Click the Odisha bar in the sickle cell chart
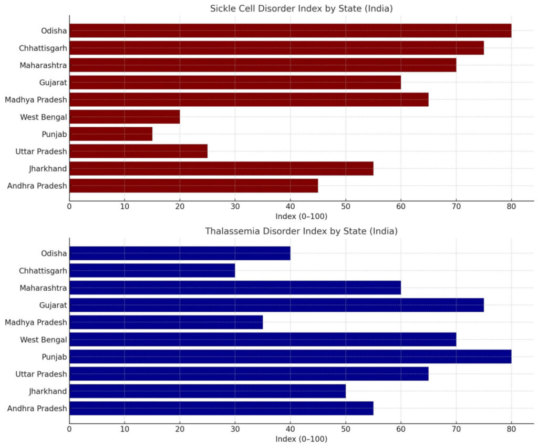290,30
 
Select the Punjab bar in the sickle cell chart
111,134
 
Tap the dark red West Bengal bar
125,117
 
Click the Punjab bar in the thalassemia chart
290,357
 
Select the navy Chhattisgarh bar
152,270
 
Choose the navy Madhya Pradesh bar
166,322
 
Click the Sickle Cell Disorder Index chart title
302,8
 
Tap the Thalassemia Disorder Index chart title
302,231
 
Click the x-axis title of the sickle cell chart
302,216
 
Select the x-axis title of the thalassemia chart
302,439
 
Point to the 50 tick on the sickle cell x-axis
346,206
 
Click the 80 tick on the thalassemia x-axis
511,429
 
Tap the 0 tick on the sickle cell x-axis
69,206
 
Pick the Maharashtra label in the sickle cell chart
44,65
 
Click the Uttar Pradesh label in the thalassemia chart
42,374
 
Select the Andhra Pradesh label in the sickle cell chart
37,186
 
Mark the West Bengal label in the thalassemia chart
44,340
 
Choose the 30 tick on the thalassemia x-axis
235,429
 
